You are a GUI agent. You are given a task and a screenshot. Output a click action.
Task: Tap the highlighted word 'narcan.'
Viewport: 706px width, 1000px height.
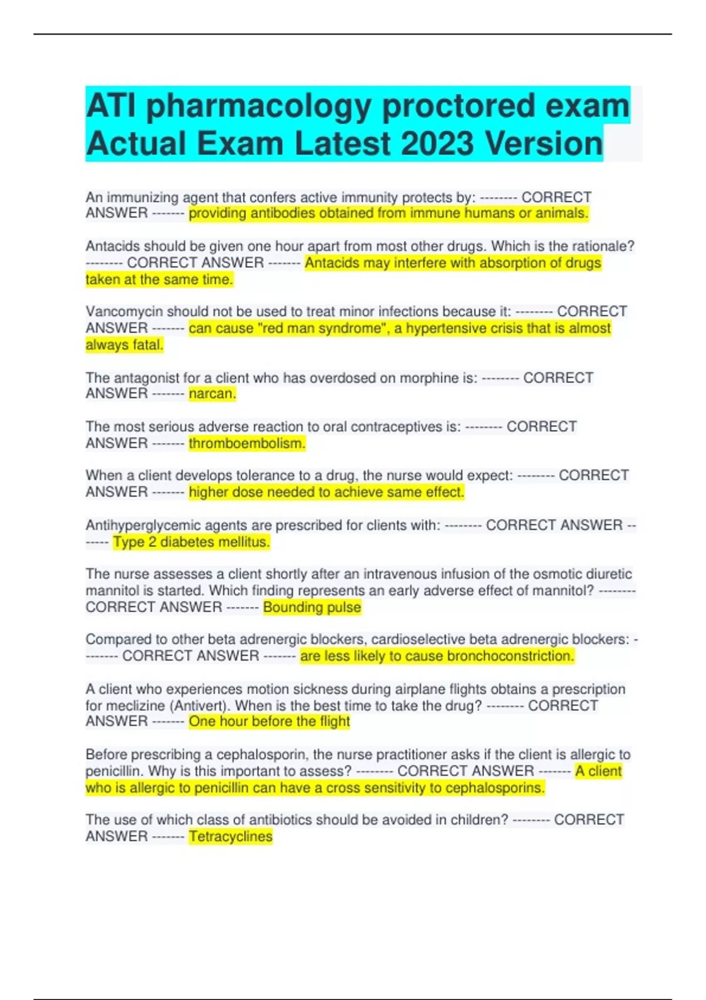[212, 394]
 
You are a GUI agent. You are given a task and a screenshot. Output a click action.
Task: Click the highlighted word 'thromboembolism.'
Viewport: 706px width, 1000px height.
[247, 443]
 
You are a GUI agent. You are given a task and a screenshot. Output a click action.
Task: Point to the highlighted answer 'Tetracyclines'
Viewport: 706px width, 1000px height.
[231, 836]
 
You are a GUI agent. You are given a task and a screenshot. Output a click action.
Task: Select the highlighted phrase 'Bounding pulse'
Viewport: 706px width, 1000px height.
[312, 607]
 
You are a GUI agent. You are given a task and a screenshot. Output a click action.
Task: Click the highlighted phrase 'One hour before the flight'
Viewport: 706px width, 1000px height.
[269, 721]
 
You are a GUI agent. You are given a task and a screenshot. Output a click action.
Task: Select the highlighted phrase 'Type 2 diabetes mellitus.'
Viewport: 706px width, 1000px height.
[191, 542]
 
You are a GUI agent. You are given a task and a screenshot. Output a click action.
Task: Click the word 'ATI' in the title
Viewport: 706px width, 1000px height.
[112, 106]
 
